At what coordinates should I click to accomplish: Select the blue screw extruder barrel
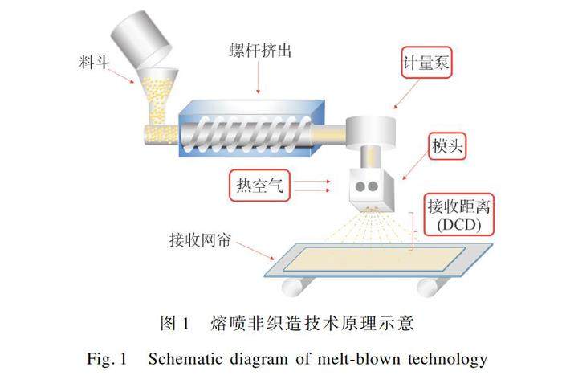(245, 129)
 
